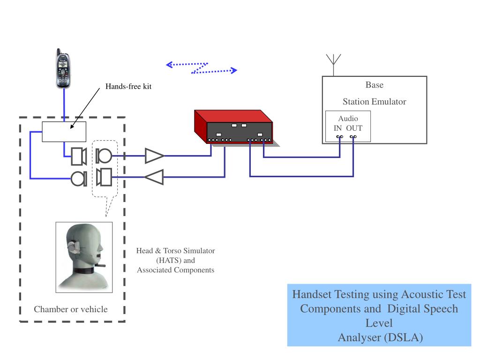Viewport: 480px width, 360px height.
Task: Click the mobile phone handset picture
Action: [x=62, y=69]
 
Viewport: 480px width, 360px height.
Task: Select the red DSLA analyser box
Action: [x=233, y=127]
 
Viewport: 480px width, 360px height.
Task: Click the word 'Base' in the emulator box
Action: [x=374, y=85]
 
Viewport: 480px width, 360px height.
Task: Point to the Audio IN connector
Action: [x=339, y=137]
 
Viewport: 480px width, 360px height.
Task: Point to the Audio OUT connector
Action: [x=353, y=137]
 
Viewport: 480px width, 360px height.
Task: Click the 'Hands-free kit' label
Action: [x=128, y=87]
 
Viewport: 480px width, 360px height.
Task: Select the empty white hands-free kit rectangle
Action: [x=64, y=131]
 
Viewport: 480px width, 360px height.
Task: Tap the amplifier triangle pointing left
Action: [x=154, y=177]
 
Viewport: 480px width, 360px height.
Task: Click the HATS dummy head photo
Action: [x=84, y=257]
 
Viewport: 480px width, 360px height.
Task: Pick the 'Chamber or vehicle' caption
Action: [x=71, y=309]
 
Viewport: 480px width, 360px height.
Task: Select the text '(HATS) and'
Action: [x=175, y=261]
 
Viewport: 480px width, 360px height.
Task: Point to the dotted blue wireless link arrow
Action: [x=202, y=68]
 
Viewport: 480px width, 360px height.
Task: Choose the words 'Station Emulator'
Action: [x=374, y=101]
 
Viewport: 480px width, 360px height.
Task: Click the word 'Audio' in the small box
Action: [x=348, y=119]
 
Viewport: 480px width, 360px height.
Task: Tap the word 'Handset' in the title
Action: [x=311, y=294]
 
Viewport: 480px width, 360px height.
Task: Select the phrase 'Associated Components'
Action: [x=175, y=270]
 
